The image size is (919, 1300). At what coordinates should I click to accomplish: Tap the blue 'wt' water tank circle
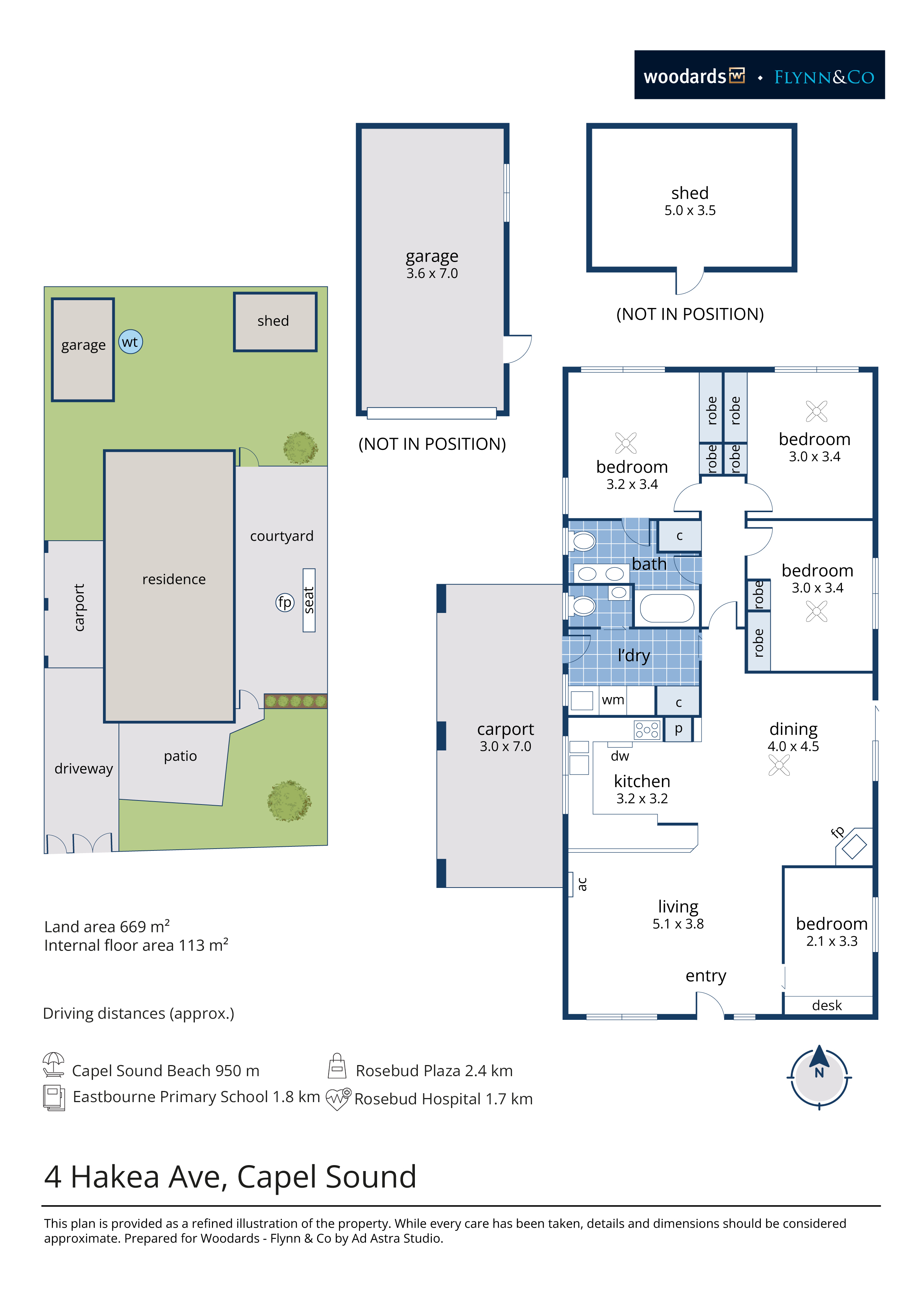pyautogui.click(x=131, y=342)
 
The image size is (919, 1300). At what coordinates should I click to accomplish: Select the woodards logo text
pyautogui.click(x=685, y=76)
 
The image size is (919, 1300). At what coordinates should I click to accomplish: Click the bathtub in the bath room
pyautogui.click(x=667, y=608)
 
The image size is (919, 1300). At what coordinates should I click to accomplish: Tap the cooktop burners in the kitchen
pyautogui.click(x=647, y=730)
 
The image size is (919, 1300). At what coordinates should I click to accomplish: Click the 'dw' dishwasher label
pyautogui.click(x=620, y=756)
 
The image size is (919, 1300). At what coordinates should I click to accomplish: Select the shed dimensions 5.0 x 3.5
pyautogui.click(x=690, y=210)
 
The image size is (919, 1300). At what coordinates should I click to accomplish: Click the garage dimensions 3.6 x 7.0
pyautogui.click(x=432, y=273)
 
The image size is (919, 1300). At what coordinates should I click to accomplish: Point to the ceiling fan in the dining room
pyautogui.click(x=779, y=766)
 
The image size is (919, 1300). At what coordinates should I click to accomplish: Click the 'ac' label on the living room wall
pyautogui.click(x=582, y=884)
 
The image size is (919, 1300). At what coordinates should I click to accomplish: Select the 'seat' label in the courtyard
pyautogui.click(x=309, y=600)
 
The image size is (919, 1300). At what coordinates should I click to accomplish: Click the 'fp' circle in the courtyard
pyautogui.click(x=285, y=603)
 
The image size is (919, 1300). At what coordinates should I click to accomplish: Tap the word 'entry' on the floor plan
pyautogui.click(x=706, y=976)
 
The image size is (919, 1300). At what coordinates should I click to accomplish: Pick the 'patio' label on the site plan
pyautogui.click(x=180, y=756)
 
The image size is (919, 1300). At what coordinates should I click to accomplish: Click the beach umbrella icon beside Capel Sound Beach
pyautogui.click(x=54, y=1064)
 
